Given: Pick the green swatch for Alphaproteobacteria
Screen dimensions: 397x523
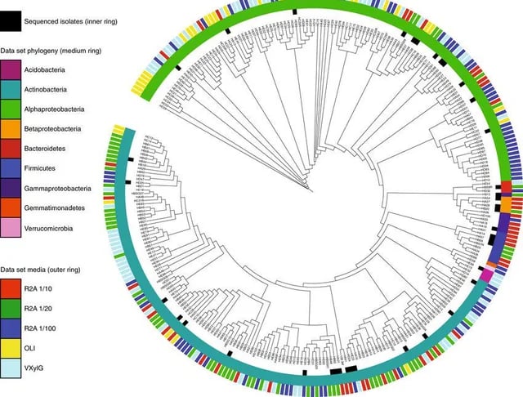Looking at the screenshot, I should coord(11,108).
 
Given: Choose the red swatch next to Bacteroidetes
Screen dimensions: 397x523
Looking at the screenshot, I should coord(11,148).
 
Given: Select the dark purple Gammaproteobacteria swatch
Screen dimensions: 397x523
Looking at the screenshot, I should coord(11,188).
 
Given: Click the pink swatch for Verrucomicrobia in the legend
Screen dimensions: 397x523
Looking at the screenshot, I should coord(11,228).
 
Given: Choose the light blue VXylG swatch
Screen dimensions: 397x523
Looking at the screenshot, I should coord(11,367).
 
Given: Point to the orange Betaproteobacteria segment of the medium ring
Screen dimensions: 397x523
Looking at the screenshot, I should coord(506,205).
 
